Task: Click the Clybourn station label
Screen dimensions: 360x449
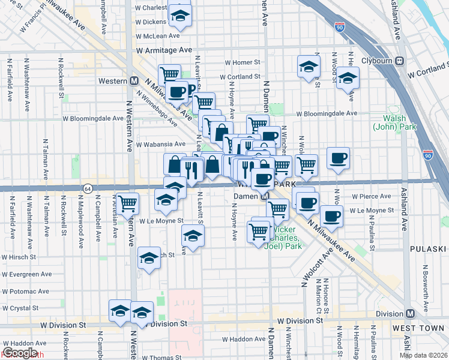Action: point(377,61)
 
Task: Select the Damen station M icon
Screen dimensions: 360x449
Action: point(264,197)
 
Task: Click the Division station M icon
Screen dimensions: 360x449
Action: point(411,313)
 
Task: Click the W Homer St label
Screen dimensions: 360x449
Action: point(242,62)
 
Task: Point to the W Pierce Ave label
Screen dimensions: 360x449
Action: point(372,196)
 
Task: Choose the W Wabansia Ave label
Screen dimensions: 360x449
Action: point(160,144)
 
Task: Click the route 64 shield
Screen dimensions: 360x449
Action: point(88,188)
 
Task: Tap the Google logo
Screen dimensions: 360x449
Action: point(20,353)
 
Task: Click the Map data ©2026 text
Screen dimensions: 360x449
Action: point(423,355)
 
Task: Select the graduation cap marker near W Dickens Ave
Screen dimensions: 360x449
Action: point(179,17)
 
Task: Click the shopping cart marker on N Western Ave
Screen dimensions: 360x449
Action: point(127,203)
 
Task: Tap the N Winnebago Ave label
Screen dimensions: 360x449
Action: point(156,108)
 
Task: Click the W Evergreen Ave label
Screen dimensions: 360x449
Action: point(26,274)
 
